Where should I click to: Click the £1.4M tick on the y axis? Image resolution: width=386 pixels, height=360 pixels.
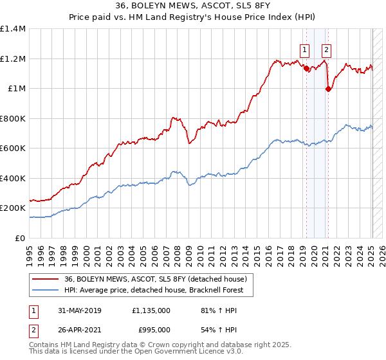[13, 29]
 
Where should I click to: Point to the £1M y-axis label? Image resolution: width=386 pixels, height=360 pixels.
[17, 89]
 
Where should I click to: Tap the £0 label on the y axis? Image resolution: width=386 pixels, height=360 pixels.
[21, 238]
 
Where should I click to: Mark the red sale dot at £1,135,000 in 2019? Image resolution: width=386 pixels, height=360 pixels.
[306, 68]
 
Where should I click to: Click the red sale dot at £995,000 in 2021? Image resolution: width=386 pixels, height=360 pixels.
[328, 89]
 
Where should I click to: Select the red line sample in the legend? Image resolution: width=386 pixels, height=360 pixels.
[45, 278]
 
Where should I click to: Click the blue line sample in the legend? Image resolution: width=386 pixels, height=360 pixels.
[45, 291]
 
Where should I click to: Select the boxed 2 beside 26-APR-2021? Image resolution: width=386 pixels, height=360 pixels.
[33, 330]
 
